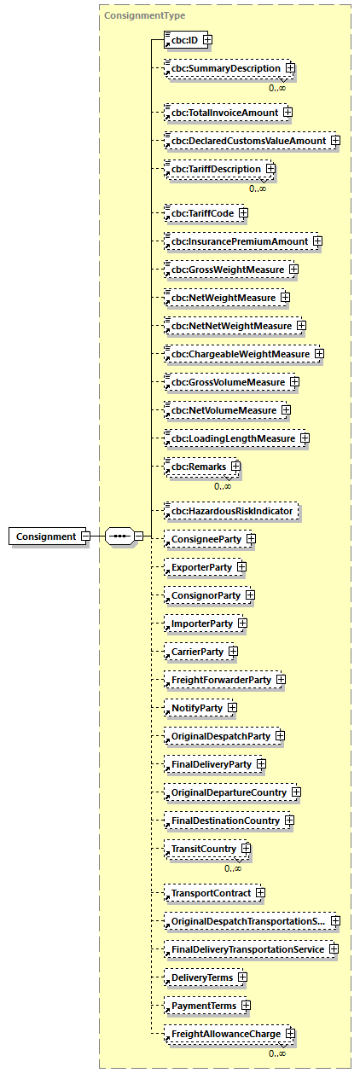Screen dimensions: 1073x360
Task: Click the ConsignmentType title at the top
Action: (x=132, y=15)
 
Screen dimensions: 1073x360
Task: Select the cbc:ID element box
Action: (x=182, y=39)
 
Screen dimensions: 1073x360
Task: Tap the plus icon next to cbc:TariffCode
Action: (x=243, y=212)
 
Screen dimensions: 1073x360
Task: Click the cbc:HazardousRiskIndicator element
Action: (x=232, y=511)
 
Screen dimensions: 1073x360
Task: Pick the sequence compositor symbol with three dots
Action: (x=120, y=536)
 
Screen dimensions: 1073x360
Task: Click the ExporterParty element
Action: (x=201, y=566)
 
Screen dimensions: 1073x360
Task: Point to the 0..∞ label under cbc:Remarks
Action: (x=223, y=486)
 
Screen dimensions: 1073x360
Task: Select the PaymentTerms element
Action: (x=204, y=1006)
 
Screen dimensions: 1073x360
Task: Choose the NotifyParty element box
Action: (x=196, y=708)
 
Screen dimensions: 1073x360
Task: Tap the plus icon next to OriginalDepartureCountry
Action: (x=296, y=792)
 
